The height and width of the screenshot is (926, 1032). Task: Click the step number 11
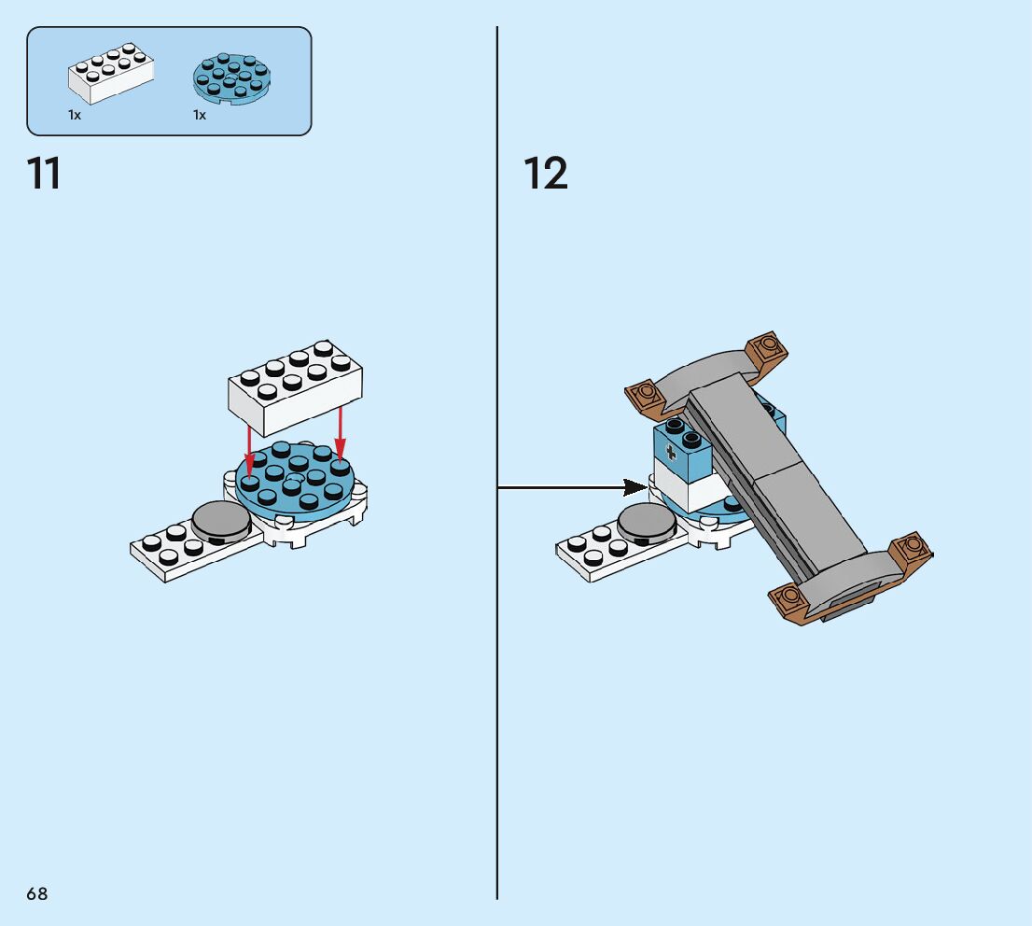(x=44, y=174)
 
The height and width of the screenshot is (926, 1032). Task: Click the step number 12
(x=545, y=174)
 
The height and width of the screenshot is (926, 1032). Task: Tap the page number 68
(x=36, y=893)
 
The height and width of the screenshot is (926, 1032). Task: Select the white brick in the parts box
(x=110, y=74)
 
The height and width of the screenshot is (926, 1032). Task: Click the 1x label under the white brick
(x=75, y=115)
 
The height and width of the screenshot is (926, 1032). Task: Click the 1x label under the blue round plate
(x=200, y=115)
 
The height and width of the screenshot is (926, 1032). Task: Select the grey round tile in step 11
(x=221, y=520)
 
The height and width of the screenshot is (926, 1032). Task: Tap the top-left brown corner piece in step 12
(x=644, y=396)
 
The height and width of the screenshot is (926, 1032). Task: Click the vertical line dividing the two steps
(x=497, y=653)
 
